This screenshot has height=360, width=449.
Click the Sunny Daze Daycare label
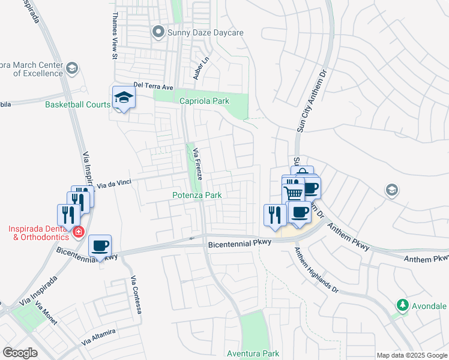pyautogui.click(x=204, y=31)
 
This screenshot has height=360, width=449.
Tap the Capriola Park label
pyautogui.click(x=204, y=101)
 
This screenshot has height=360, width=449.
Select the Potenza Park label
pyautogui.click(x=197, y=195)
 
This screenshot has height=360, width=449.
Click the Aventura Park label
pyautogui.click(x=253, y=354)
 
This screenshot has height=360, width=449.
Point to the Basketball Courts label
pyautogui.click(x=78, y=104)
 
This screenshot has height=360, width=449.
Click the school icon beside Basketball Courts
pyautogui.click(x=124, y=98)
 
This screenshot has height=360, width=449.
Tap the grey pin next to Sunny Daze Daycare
pyautogui.click(x=158, y=31)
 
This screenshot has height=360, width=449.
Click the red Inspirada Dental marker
pyautogui.click(x=78, y=232)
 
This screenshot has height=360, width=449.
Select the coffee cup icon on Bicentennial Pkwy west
pyautogui.click(x=100, y=245)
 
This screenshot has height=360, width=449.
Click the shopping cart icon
pyautogui.click(x=293, y=193)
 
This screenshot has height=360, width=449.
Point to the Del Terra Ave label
pyautogui.click(x=153, y=85)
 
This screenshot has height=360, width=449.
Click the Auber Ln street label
pyautogui.click(x=199, y=70)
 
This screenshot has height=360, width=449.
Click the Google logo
pyautogui.click(x=20, y=353)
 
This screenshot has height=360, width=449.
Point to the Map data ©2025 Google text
pyautogui.click(x=412, y=355)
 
